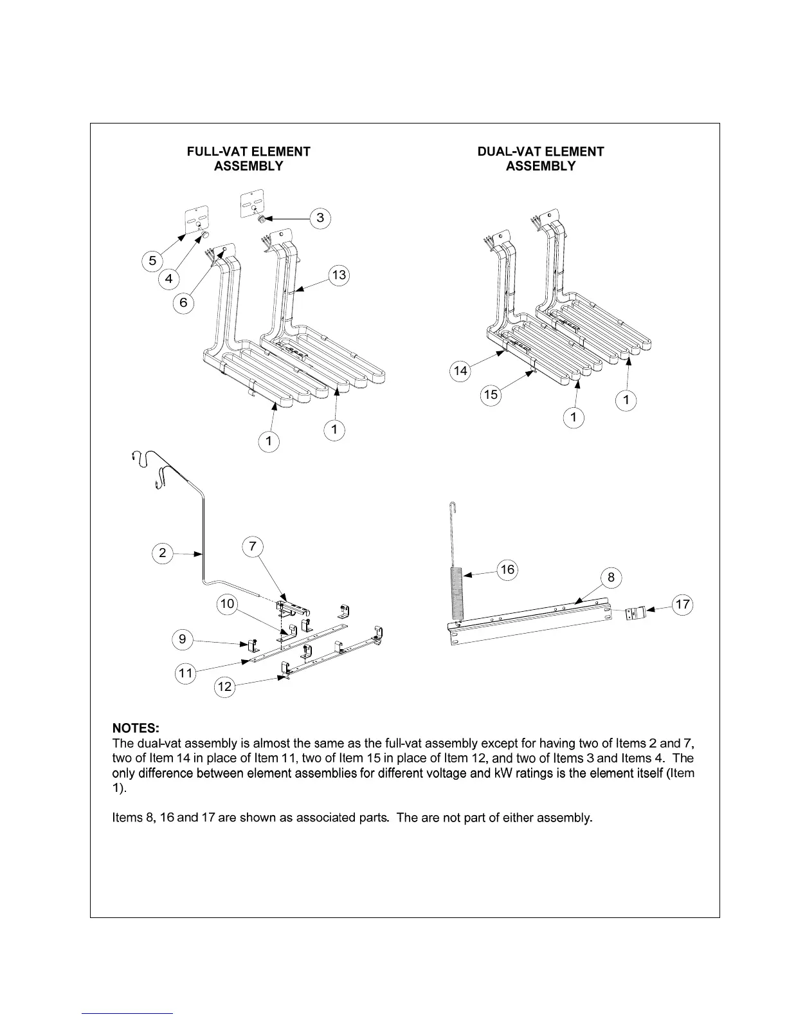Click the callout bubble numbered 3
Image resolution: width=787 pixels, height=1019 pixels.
320,218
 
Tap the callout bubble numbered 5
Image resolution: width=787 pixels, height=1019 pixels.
152,261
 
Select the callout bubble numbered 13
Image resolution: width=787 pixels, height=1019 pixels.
338,275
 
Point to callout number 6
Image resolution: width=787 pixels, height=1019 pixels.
184,302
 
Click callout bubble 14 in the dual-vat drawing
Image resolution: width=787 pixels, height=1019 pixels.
460,371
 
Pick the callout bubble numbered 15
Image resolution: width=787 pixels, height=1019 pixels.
491,394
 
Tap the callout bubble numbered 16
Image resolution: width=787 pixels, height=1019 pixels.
508,569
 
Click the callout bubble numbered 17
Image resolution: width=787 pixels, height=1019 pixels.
682,604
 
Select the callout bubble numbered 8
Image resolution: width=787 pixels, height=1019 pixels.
611,578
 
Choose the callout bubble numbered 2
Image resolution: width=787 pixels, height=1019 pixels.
163,553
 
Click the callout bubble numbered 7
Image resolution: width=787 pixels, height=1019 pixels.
253,546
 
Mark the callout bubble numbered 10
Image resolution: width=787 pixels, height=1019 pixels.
227,604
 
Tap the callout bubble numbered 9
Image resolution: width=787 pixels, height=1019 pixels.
183,639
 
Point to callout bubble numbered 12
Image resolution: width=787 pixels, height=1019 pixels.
224,686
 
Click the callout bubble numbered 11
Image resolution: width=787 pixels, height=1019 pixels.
185,674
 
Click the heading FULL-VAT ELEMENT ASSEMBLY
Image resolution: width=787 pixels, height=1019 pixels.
248,159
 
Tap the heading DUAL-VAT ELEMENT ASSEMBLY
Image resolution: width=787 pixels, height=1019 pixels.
540,159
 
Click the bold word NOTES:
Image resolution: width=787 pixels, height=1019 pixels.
136,728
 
